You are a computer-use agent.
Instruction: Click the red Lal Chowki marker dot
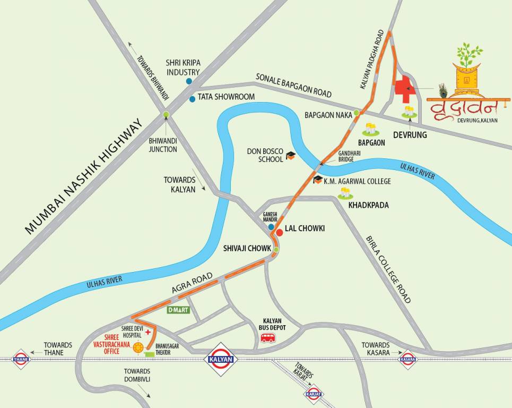[x=279, y=232]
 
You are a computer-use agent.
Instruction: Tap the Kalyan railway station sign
[x=220, y=360]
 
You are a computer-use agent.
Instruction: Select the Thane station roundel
[x=21, y=359]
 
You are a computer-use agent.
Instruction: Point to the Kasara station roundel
[x=408, y=359]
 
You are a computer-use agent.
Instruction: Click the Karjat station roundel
[x=313, y=393]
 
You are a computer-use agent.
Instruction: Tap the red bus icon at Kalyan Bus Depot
[x=268, y=338]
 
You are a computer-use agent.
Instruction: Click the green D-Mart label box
[x=178, y=310]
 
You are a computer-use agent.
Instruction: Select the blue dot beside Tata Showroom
[x=192, y=99]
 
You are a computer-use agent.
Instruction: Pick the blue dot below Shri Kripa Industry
[x=188, y=81]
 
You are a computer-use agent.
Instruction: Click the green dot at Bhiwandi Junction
[x=166, y=114]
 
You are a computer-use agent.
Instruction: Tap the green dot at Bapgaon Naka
[x=357, y=113]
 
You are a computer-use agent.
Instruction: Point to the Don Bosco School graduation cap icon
[x=290, y=156]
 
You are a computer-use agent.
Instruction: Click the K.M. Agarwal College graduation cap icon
[x=318, y=180]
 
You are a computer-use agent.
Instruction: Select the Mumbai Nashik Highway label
[x=85, y=176]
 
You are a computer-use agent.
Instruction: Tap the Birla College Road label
[x=388, y=270]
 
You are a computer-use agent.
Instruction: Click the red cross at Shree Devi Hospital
[x=148, y=331]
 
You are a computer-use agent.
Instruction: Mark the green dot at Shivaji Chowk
[x=276, y=249]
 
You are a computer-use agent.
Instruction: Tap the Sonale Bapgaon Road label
[x=293, y=84]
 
